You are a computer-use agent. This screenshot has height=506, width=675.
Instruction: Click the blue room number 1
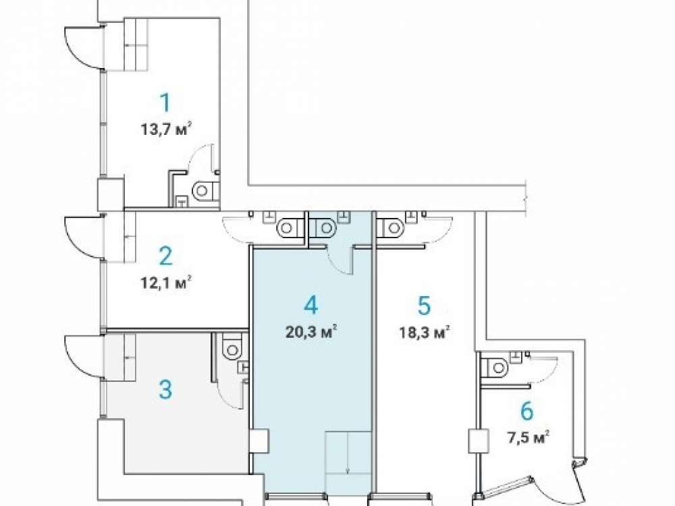click(165, 103)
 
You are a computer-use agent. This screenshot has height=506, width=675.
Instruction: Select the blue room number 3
click(165, 390)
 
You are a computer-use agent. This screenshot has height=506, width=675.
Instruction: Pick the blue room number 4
click(310, 306)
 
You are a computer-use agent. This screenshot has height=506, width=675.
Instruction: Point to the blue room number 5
click(424, 306)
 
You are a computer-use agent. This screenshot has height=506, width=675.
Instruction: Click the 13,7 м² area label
click(166, 129)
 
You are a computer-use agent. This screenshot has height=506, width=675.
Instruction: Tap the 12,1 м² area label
click(166, 283)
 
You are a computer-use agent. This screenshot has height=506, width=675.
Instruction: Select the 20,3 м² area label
click(311, 332)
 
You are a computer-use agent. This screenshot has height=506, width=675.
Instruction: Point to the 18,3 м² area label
click(425, 332)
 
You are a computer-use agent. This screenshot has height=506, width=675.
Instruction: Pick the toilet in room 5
click(391, 227)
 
